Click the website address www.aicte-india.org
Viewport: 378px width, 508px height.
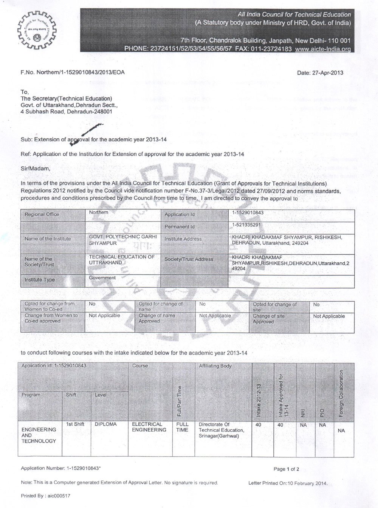coord(323,49)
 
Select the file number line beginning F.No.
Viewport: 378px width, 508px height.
coord(73,72)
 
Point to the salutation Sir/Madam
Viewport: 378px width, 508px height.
coord(35,169)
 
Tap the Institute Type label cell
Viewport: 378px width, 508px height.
coord(40,280)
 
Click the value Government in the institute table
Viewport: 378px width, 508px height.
coord(102,278)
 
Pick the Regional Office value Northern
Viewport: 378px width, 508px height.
coord(98,212)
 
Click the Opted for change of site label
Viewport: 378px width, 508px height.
coord(275,307)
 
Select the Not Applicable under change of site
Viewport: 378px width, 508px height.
coord(329,316)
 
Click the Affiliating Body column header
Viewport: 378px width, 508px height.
coord(215,366)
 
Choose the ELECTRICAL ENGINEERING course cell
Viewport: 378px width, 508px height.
coord(149,427)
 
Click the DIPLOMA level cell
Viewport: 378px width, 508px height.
coord(106,424)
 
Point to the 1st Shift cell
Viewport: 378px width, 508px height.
coord(75,424)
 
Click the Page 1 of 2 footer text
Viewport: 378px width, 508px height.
coord(286,469)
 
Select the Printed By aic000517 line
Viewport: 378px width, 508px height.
coord(45,496)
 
